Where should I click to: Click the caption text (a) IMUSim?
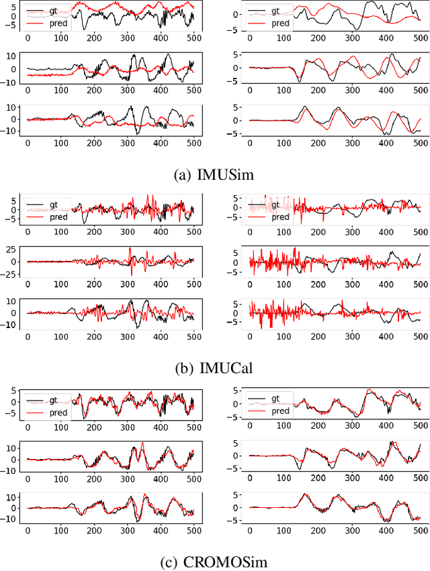tap(215, 174)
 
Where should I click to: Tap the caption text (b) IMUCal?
tap(215, 367)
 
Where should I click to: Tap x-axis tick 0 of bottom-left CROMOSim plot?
tap(28, 530)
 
